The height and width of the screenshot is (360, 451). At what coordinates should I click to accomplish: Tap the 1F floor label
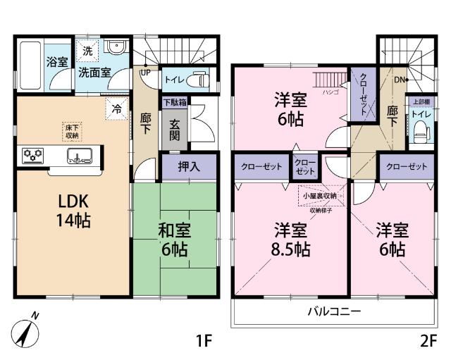204,340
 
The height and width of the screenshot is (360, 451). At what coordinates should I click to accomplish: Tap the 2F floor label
428,340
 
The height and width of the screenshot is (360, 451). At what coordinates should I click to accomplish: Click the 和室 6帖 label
174,240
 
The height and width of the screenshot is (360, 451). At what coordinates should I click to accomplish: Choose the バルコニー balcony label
333,311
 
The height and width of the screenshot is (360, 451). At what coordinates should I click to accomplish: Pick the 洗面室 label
93,71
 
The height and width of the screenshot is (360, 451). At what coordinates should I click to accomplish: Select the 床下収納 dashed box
73,131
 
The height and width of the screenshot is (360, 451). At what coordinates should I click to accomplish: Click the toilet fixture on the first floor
202,80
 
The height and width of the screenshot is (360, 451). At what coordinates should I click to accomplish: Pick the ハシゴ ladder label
328,92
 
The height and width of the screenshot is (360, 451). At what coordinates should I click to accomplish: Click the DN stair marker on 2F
400,80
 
